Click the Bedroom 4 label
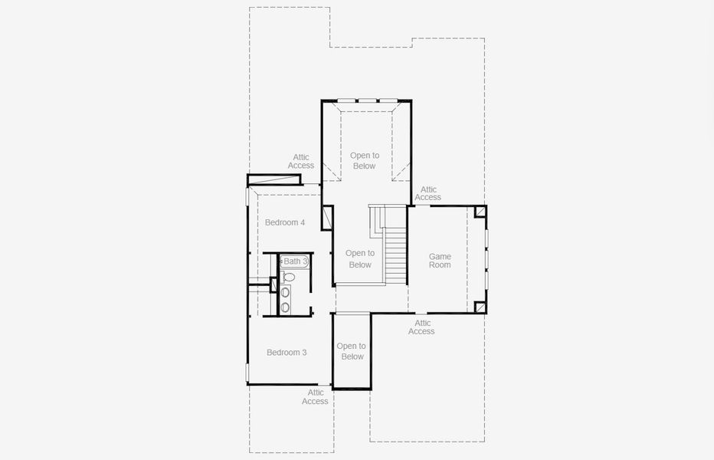point(285,222)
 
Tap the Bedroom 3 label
point(287,353)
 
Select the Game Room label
point(440,261)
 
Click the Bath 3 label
point(296,261)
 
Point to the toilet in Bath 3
point(289,277)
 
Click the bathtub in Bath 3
point(294,261)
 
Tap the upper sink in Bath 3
point(285,292)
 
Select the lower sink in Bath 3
point(285,307)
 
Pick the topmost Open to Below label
point(365,160)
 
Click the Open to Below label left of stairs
point(359,259)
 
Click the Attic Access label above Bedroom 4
point(301,161)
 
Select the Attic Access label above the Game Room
point(428,193)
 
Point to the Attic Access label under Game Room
point(421,327)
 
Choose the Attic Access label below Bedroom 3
point(315,397)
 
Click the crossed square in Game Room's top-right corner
point(480,212)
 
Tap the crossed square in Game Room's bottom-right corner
point(480,307)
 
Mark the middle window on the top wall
point(368,100)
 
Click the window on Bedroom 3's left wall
point(247,373)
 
